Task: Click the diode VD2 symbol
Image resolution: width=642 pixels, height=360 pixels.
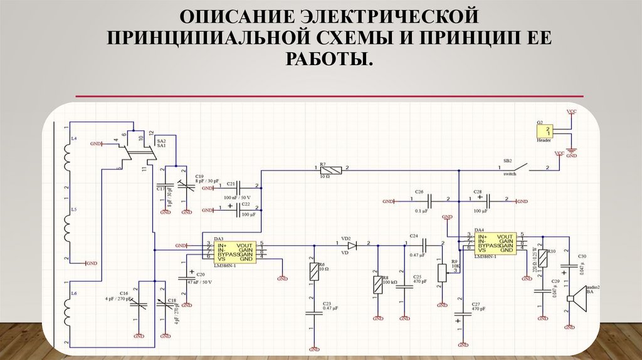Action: point(352,245)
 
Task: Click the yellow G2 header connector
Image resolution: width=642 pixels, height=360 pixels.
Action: point(543,130)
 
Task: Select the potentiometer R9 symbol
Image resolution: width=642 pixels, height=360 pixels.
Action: point(442,272)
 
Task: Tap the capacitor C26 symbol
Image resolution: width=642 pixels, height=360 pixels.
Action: point(430,201)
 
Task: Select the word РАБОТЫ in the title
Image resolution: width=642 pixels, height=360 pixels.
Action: point(320,60)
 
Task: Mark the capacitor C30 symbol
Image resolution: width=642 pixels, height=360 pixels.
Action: point(568,267)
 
